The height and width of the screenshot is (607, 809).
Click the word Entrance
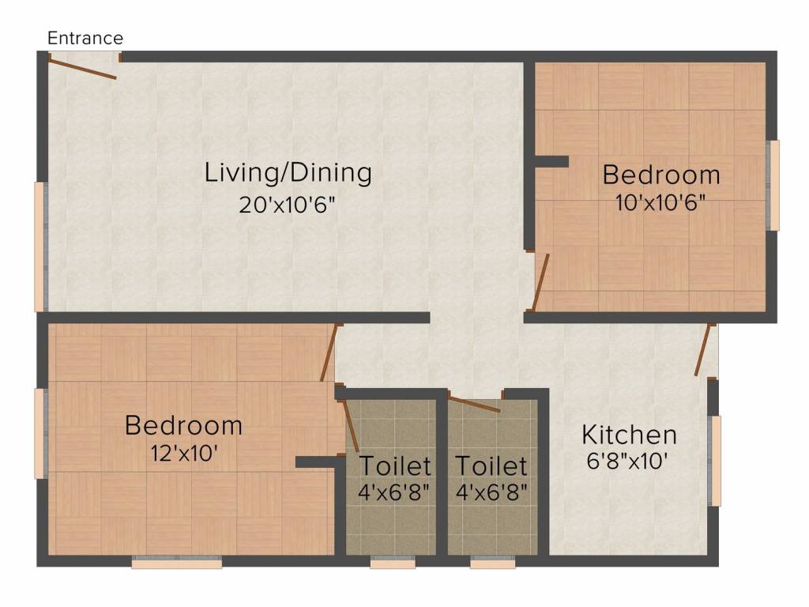(85, 38)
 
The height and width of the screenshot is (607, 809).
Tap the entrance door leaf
(83, 67)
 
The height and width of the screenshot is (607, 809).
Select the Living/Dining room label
(288, 172)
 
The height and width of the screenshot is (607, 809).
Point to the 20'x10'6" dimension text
(288, 205)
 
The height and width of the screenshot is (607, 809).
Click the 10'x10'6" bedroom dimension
(660, 202)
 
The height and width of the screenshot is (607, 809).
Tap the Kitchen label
(629, 435)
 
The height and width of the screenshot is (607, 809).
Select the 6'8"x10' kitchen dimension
(629, 461)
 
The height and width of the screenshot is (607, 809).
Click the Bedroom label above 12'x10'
(183, 425)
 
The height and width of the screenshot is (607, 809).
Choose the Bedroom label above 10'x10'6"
(661, 174)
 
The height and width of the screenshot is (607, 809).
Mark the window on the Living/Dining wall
(40, 246)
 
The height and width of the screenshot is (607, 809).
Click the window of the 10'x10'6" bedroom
(774, 186)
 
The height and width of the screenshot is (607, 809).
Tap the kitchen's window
(716, 461)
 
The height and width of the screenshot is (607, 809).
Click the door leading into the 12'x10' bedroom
(329, 353)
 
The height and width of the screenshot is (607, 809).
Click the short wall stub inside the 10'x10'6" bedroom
(551, 162)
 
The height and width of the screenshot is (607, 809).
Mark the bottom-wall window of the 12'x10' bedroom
(176, 563)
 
